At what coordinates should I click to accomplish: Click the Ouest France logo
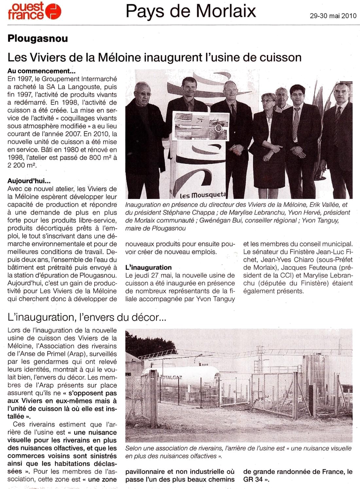(34, 11)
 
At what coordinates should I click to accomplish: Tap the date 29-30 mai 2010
(333, 16)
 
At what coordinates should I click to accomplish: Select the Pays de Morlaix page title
(191, 11)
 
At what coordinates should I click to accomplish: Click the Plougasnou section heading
(38, 39)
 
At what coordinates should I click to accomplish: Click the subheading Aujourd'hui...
(29, 181)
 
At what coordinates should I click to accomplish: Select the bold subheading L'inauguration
(149, 268)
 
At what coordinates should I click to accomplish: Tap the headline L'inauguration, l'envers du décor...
(88, 317)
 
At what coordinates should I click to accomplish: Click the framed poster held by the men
(201, 126)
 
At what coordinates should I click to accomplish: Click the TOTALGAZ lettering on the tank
(170, 377)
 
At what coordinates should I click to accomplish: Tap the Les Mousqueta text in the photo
(203, 195)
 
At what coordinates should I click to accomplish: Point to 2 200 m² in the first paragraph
(21, 165)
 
